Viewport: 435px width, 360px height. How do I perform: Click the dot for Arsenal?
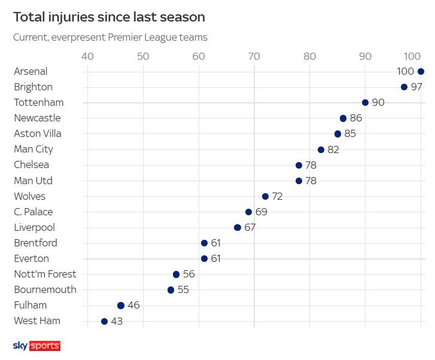pos(421,71)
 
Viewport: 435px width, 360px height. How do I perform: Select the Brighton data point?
pos(404,87)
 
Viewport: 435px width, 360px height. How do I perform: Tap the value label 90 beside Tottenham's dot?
pos(378,102)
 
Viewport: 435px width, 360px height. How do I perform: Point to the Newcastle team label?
pos(37,118)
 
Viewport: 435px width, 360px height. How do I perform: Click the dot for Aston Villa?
pos(337,133)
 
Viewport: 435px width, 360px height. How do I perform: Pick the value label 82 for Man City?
pos(333,150)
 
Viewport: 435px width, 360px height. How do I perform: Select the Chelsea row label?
pos(31,165)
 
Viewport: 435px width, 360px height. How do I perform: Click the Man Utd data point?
pos(299,181)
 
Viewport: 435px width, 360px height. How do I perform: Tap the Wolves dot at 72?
pos(265,196)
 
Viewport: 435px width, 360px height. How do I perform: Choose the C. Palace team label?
pos(34,212)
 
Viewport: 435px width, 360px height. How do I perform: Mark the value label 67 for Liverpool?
pos(250,227)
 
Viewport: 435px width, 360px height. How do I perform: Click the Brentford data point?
pos(204,243)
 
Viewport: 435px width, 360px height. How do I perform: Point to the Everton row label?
pos(31,258)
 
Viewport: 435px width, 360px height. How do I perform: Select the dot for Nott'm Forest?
pos(176,274)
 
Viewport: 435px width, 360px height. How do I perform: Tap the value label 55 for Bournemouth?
pos(184,289)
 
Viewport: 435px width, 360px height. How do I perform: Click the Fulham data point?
pos(120,305)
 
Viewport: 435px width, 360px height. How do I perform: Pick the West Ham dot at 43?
pos(104,321)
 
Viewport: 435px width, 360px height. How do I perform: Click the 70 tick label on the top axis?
pos(254,57)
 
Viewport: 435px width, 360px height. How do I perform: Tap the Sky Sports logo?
pos(36,346)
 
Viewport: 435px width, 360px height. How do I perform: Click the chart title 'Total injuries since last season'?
pos(109,17)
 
